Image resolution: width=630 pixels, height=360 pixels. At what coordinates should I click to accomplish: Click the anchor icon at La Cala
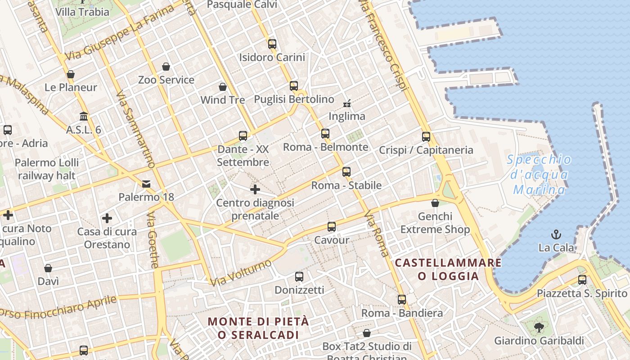(557, 234)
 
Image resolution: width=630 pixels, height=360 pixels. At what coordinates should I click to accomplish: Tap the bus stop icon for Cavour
(332, 226)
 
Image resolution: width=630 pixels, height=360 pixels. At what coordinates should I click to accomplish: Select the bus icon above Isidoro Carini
(272, 44)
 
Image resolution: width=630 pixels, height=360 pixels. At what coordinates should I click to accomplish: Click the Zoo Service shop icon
(166, 67)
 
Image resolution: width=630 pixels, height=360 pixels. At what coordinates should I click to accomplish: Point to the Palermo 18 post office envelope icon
(146, 184)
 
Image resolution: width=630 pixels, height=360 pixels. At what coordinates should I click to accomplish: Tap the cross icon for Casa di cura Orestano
(107, 218)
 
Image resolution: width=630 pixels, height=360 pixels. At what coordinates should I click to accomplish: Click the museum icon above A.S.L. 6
(84, 117)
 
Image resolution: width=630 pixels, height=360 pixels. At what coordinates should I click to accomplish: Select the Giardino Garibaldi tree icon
(539, 327)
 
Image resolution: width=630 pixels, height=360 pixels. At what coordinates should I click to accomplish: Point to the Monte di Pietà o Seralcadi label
(258, 328)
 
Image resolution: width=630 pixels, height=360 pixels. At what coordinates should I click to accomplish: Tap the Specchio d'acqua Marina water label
(539, 175)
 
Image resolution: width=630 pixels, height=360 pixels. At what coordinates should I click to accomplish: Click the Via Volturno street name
(241, 273)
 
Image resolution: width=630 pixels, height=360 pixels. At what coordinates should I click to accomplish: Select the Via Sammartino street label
(135, 130)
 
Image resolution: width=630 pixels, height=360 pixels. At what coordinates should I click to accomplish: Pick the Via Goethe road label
(153, 240)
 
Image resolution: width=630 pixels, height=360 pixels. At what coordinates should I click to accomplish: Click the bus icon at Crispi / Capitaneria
(426, 136)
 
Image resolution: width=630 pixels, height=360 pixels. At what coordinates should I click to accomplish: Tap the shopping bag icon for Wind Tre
(222, 86)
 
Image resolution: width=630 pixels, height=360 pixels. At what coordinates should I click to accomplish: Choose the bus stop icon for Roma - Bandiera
(402, 299)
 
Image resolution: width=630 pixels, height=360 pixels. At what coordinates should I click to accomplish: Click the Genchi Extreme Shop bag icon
(435, 203)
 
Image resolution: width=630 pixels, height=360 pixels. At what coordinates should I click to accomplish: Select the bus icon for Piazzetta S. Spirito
(582, 279)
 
